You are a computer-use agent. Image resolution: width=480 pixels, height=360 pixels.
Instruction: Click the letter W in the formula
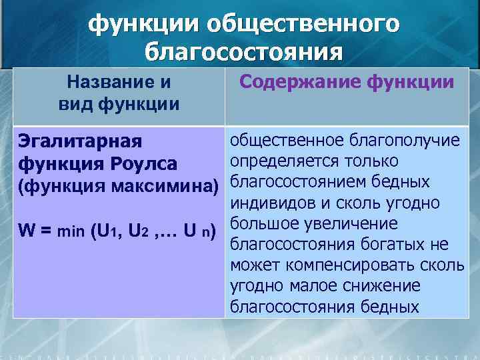[28, 233]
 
